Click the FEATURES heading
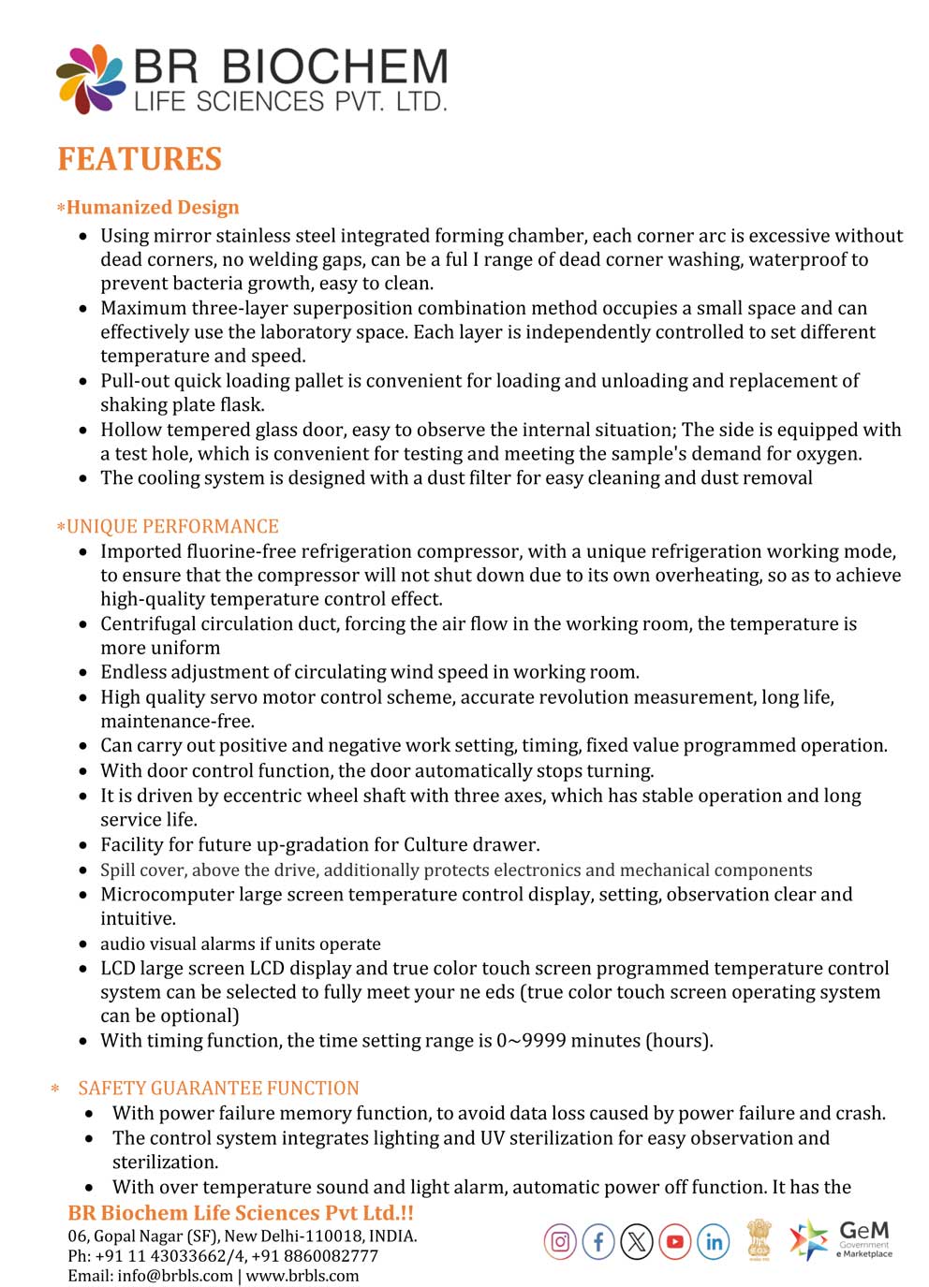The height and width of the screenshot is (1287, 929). pyautogui.click(x=140, y=159)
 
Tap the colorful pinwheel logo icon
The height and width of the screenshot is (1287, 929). pyautogui.click(x=90, y=79)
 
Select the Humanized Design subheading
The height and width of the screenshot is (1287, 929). pyautogui.click(x=153, y=208)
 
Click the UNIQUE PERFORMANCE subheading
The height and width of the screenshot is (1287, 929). pyautogui.click(x=172, y=526)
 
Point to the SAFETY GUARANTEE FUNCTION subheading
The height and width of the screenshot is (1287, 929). pyautogui.click(x=218, y=1088)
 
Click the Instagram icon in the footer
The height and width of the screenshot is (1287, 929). pyautogui.click(x=560, y=1242)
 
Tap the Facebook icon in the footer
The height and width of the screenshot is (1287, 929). pyautogui.click(x=598, y=1242)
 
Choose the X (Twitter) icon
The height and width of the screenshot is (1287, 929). pyautogui.click(x=637, y=1242)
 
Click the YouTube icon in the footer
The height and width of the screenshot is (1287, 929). pyautogui.click(x=674, y=1242)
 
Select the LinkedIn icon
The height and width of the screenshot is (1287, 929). pyautogui.click(x=714, y=1242)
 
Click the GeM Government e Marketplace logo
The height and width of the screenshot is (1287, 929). pyautogui.click(x=840, y=1239)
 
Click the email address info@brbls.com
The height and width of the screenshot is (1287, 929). pyautogui.click(x=175, y=1276)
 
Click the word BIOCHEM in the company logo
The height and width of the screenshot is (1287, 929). pyautogui.click(x=334, y=68)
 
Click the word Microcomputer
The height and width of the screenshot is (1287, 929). pyautogui.click(x=167, y=894)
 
